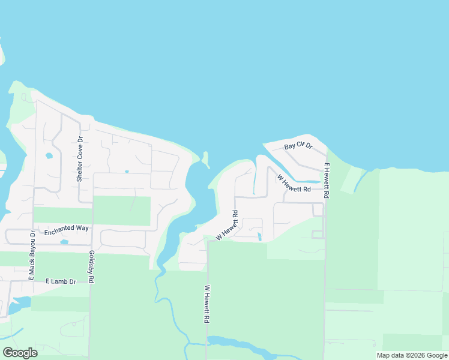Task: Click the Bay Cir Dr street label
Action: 299,146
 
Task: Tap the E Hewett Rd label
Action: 327,181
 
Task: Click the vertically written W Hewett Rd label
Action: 206,304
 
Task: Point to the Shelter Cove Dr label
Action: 79,163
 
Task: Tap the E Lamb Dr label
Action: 61,281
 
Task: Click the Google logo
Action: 20,353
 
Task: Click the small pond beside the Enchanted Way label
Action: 64,242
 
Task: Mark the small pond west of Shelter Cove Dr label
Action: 49,156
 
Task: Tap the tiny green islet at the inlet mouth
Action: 205,160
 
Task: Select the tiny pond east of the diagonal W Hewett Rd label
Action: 259,236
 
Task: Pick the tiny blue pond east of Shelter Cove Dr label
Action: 127,172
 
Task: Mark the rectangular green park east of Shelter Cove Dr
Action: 121,211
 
